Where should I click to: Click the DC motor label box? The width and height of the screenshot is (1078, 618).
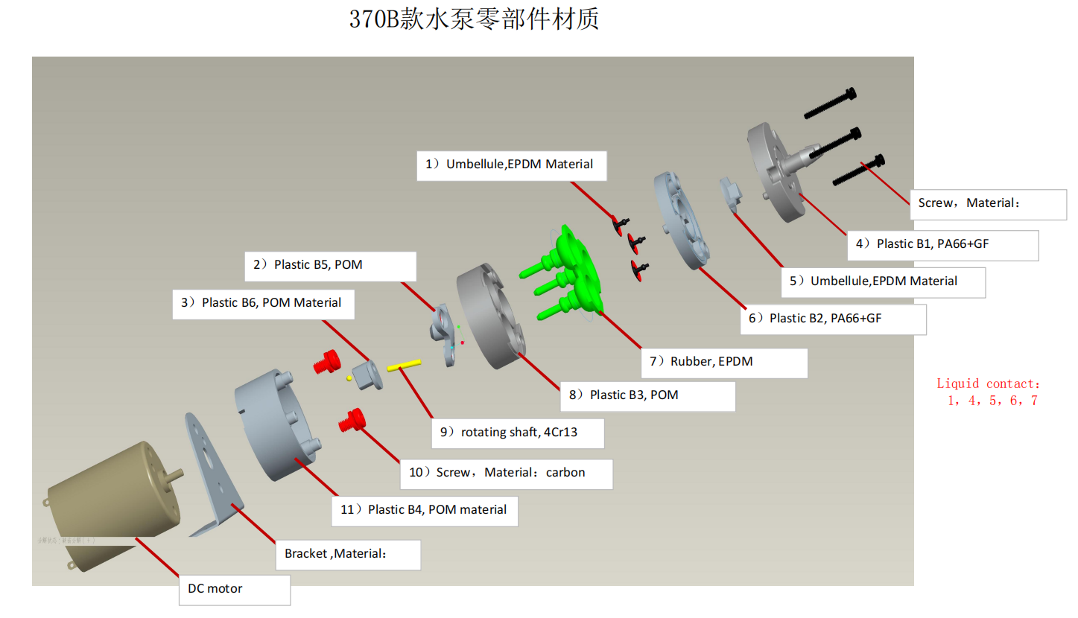click(x=235, y=590)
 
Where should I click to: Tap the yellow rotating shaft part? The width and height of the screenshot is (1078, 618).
click(x=405, y=366)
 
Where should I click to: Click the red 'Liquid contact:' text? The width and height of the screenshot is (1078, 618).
click(x=988, y=383)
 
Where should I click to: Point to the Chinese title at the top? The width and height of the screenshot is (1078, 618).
click(x=474, y=19)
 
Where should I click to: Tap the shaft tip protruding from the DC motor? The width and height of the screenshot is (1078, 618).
click(x=179, y=474)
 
